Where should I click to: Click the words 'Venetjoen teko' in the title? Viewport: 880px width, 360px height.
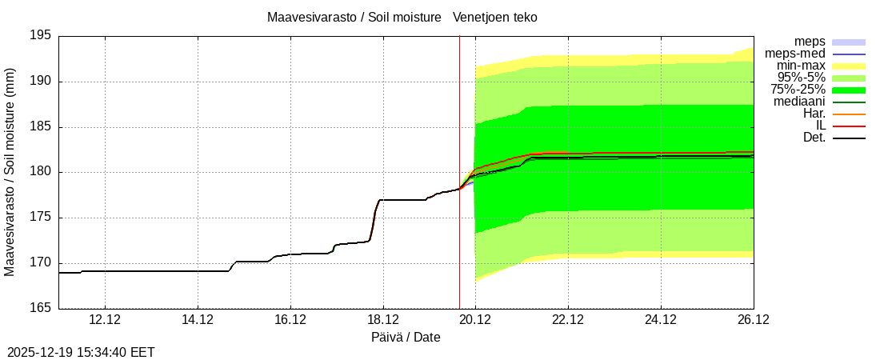[495, 18]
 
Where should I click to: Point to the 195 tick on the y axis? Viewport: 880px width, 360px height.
[40, 36]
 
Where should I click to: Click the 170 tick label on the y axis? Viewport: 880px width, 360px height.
[40, 263]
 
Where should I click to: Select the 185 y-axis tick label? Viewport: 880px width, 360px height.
[40, 127]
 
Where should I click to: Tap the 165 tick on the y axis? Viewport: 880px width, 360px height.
[40, 308]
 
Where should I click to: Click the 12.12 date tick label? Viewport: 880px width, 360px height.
[105, 320]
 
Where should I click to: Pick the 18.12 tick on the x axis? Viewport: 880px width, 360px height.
[382, 320]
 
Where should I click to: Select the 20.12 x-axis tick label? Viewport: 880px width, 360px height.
[475, 320]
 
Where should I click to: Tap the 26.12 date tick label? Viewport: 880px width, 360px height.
[753, 320]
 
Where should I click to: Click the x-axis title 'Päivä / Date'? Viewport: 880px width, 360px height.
[406, 338]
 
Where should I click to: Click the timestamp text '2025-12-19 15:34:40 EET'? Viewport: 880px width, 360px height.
[81, 352]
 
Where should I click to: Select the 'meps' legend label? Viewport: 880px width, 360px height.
[810, 42]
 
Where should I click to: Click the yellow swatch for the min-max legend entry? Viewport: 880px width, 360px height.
[849, 66]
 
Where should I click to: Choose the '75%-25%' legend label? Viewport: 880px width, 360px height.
[798, 90]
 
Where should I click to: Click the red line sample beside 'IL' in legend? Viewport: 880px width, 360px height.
[849, 126]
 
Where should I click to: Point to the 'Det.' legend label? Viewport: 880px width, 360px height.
[814, 138]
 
